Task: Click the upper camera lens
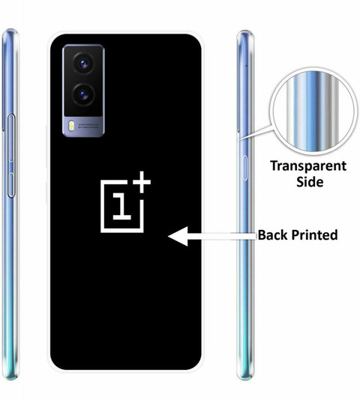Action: point(83,63)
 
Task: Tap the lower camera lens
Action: point(83,94)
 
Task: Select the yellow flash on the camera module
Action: point(71,126)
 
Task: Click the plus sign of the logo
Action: point(141,182)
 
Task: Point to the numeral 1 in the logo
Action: point(122,206)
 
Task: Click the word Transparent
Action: point(308,166)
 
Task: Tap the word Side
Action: point(310,182)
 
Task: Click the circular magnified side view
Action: point(313,112)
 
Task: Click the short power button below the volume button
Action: point(11,185)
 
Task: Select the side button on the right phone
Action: point(245,168)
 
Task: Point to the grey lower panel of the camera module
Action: point(83,127)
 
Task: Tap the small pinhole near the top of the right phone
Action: point(246,66)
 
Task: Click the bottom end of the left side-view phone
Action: point(10,378)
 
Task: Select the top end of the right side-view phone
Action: point(245,33)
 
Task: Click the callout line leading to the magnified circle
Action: point(255,133)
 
